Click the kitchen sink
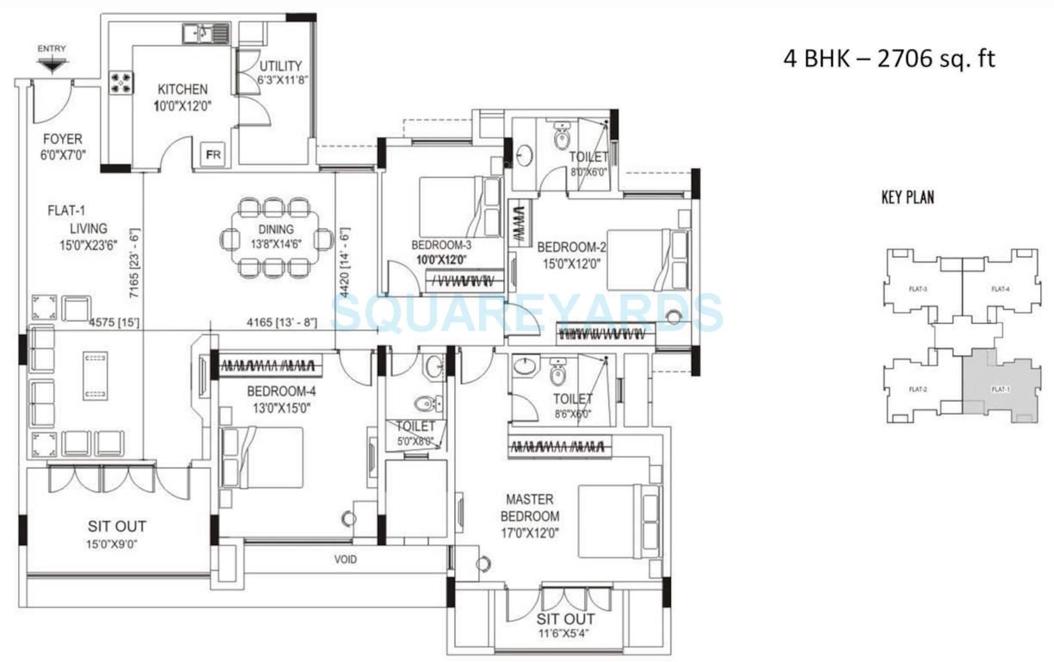[205, 33]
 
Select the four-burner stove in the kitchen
[121, 83]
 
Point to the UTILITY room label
[281, 66]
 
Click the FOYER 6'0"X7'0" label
[63, 147]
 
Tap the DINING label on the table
[276, 229]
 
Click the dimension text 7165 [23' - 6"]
[134, 264]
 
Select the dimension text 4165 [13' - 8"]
[281, 323]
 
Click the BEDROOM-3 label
[441, 245]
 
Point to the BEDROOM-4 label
[281, 391]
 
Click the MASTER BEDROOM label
[529, 507]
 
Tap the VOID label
[345, 559]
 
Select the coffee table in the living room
[95, 376]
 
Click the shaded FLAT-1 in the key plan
[1001, 389]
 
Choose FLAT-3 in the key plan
[918, 289]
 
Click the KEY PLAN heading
[907, 197]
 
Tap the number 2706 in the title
[905, 58]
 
